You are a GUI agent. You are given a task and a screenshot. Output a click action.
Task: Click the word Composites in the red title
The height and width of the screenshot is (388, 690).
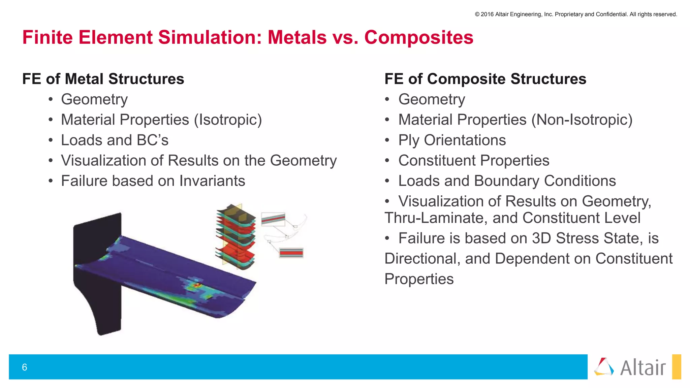point(418,37)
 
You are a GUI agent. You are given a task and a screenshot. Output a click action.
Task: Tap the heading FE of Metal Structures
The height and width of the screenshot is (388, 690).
point(103,79)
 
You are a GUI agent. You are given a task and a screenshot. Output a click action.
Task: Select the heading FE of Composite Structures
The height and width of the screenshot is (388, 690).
point(485,79)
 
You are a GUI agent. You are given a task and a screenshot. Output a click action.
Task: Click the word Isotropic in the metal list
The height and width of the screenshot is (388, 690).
point(228,120)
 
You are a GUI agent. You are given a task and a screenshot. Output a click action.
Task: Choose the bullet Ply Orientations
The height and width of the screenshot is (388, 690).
point(452,140)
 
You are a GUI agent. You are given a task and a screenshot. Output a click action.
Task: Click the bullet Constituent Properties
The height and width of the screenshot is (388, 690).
point(473,161)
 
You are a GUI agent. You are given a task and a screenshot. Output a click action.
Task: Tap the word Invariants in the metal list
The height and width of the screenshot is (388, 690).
point(212,181)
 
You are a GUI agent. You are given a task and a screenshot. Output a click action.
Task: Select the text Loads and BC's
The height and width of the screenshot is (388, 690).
point(115,140)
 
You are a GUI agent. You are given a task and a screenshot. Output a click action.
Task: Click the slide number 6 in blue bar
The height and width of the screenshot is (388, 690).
point(24,367)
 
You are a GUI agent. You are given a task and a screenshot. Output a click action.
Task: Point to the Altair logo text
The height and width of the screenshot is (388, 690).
point(643,367)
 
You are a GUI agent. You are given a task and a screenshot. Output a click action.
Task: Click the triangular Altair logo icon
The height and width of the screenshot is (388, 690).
point(604,367)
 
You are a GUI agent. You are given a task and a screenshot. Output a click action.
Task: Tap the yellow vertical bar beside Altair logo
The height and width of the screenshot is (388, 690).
point(676,367)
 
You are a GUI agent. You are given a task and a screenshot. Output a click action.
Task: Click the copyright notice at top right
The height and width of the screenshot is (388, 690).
point(575,14)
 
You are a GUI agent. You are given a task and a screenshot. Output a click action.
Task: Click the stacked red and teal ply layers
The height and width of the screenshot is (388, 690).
point(236,236)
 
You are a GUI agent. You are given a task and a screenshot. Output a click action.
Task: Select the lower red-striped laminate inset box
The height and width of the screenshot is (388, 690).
point(291,253)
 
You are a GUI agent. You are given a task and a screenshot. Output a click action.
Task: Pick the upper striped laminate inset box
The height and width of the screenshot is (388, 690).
point(273,219)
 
